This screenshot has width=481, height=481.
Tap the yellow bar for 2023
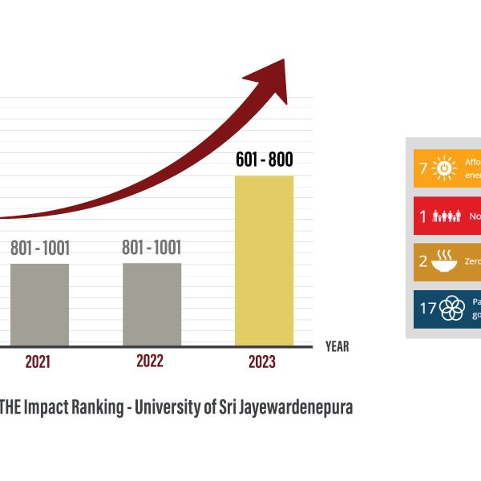[264, 261]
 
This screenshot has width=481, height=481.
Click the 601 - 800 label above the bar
[264, 160]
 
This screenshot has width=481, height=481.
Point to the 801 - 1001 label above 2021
[40, 248]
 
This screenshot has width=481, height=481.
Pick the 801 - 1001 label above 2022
[152, 248]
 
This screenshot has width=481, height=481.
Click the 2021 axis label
[38, 362]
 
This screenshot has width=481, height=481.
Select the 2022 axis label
[150, 362]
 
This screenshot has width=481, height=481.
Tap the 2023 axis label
[262, 362]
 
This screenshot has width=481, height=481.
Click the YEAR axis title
[337, 347]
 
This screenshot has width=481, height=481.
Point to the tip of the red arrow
[284, 61]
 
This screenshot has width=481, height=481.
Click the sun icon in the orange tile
[443, 169]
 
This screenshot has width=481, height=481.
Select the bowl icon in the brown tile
[443, 261]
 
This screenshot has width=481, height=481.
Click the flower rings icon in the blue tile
[453, 308]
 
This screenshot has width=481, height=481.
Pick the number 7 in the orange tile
[423, 169]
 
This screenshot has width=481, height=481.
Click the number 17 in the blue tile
[429, 308]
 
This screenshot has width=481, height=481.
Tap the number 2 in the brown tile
[423, 261]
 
